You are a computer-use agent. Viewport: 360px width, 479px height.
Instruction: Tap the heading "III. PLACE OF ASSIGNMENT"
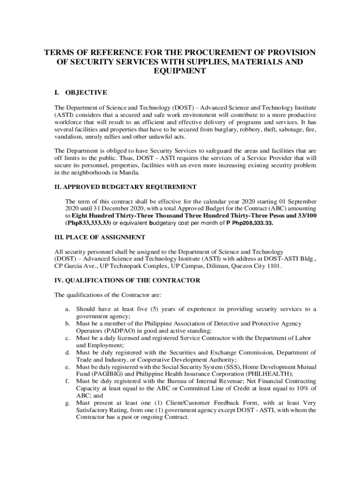100,238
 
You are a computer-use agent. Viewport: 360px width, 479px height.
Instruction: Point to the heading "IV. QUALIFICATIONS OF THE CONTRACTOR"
128,280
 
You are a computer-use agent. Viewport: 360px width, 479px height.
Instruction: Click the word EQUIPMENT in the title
180,71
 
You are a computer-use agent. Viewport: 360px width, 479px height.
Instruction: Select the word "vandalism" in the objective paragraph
68,137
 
